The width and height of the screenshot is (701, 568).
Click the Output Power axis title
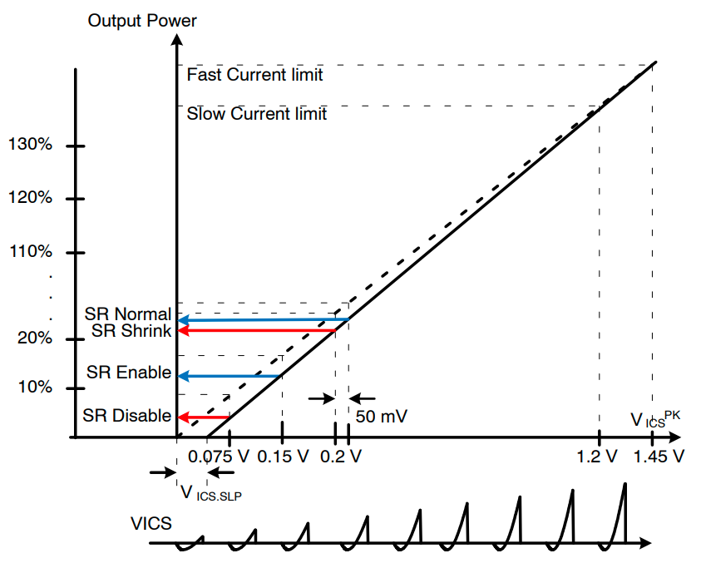(142, 21)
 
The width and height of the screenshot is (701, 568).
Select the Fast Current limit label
(254, 75)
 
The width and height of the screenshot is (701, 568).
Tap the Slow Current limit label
(256, 114)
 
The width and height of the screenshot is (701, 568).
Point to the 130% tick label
(30, 146)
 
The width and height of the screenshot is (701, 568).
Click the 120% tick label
(30, 199)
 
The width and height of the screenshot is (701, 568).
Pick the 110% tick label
(30, 252)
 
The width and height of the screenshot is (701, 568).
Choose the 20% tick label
(33, 339)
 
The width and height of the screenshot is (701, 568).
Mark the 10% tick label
(33, 388)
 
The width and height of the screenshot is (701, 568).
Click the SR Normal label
(127, 314)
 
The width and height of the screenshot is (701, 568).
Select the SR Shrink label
(131, 330)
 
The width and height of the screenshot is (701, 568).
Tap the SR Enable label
(129, 373)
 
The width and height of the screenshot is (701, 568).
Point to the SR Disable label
(126, 416)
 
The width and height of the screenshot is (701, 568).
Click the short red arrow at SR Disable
(204, 417)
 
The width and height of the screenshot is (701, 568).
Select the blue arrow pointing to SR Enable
(230, 376)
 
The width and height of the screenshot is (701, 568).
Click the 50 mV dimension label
(381, 416)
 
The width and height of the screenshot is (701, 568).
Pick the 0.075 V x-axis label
(218, 457)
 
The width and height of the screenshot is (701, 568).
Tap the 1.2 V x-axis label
(597, 457)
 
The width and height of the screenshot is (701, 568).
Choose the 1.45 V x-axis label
(659, 457)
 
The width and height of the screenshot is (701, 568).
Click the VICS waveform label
(151, 524)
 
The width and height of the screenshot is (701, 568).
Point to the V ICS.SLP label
(215, 493)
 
